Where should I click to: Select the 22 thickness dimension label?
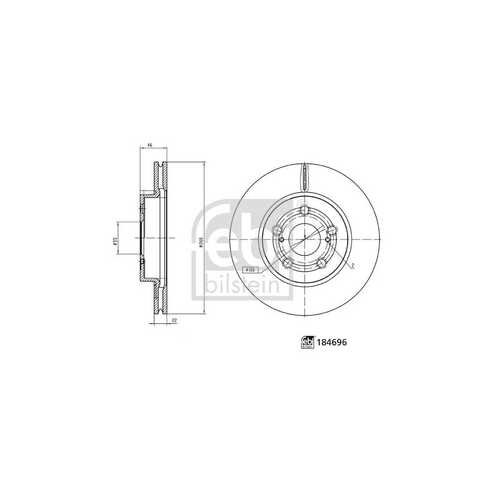(x=174, y=320)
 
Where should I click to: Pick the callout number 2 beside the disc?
(x=353, y=266)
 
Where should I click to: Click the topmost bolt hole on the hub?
(x=303, y=210)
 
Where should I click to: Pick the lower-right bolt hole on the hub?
(x=322, y=263)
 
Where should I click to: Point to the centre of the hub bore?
(x=304, y=240)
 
